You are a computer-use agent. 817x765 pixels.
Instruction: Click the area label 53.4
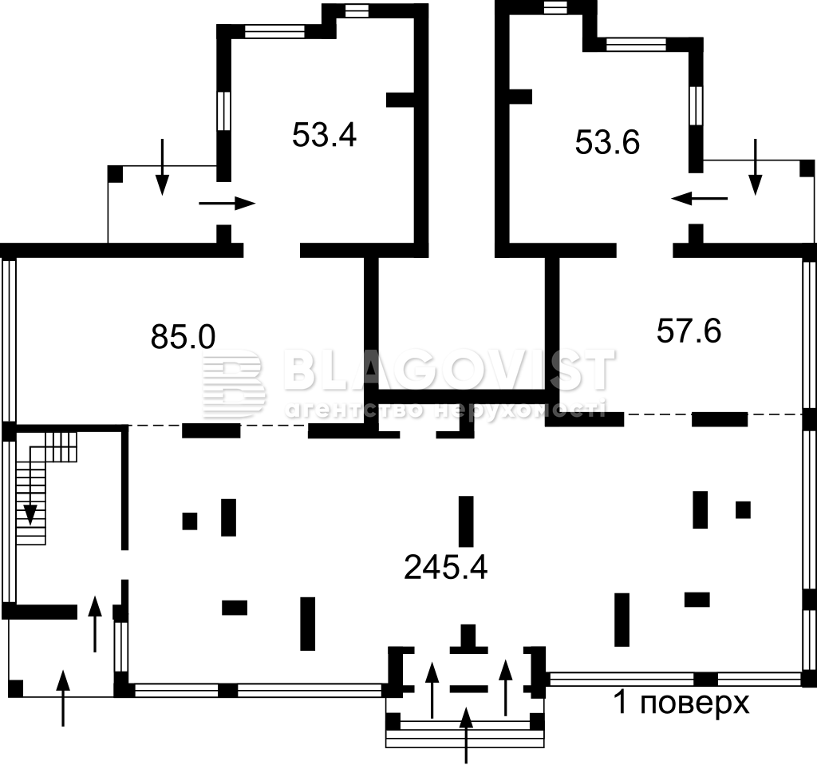pos(324,134)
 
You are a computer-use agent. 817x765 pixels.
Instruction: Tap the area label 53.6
pos(607,142)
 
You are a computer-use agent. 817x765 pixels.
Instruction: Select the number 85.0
pos(183,336)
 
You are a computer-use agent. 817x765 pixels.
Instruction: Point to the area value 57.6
pos(689,331)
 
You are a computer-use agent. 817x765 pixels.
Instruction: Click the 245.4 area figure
pos(445,568)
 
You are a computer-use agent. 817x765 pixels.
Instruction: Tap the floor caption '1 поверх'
pos(682,702)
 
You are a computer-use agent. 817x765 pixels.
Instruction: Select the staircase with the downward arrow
pos(45,488)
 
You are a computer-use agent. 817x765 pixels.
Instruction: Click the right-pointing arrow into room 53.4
pos(227,204)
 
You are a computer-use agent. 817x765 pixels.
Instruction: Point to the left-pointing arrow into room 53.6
pos(699,198)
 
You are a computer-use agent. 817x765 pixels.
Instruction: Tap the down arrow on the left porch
pos(163,167)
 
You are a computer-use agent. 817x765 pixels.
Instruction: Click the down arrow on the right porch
pos(755,167)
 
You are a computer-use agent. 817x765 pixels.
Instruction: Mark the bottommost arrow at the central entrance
pos(466,735)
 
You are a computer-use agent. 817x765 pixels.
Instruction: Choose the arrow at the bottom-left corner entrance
pos(63,698)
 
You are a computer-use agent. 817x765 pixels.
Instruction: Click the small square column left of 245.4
pos(190,521)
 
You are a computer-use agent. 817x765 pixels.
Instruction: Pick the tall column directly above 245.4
pos(466,521)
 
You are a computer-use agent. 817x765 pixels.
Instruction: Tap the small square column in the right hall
pos(743,509)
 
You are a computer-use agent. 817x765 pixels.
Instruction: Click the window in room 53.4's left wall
pos(223,110)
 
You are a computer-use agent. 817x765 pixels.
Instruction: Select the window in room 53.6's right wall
pos(696,105)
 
